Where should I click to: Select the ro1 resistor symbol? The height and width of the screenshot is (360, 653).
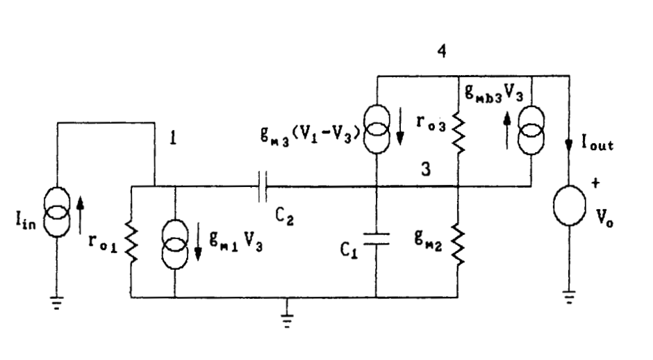click(x=131, y=244)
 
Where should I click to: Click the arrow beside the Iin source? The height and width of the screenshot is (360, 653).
click(x=81, y=215)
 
